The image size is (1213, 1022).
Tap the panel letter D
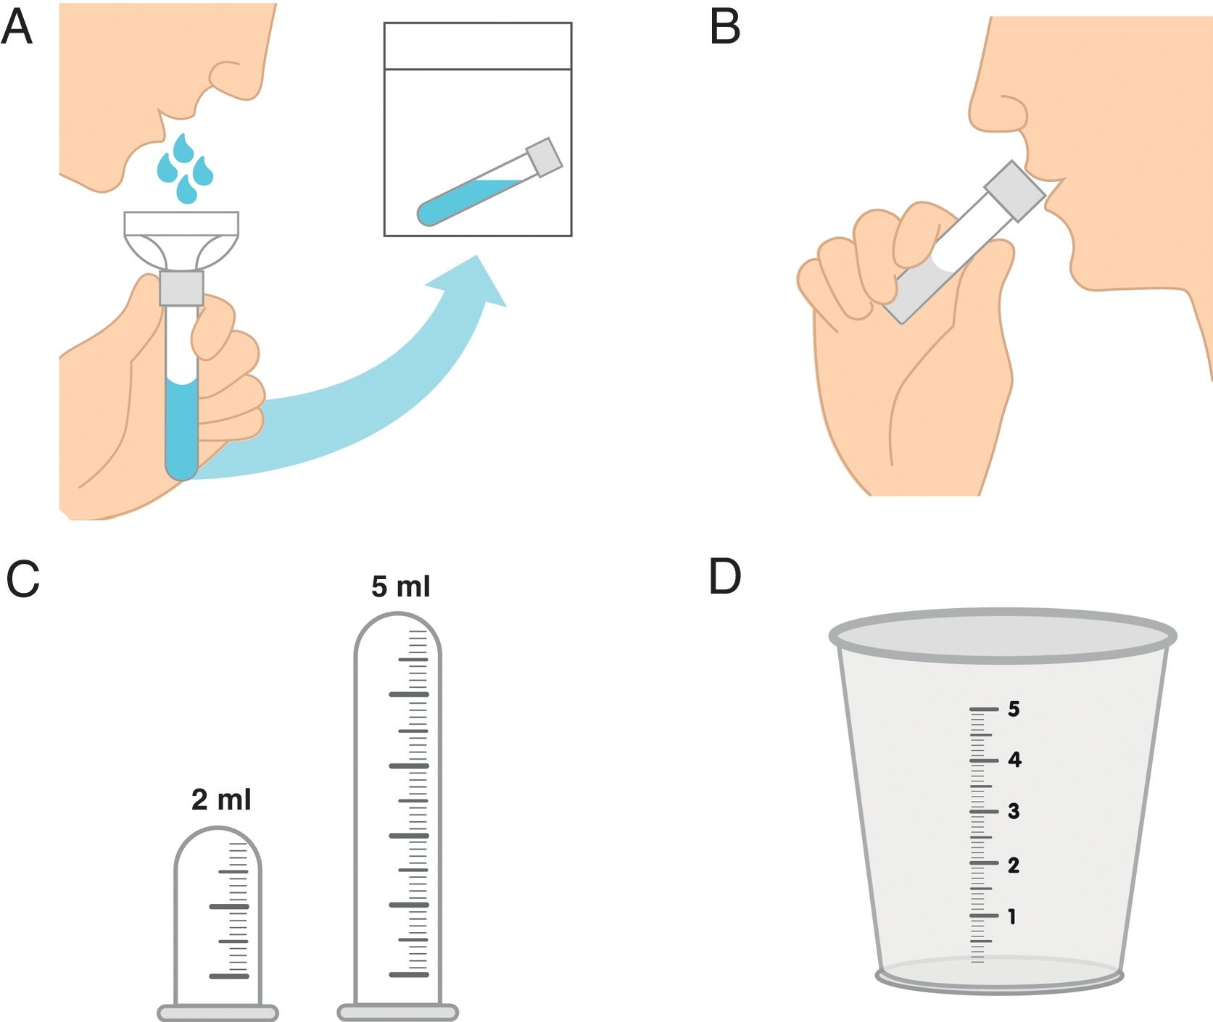(725, 577)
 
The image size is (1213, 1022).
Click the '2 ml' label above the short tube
(221, 799)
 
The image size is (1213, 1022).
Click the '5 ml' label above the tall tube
(400, 586)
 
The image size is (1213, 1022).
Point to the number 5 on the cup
(1014, 709)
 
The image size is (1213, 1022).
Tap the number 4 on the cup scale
(1014, 760)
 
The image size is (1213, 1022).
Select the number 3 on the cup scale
(1014, 811)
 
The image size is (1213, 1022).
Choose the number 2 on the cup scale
(1014, 865)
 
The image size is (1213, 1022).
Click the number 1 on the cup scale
(1012, 917)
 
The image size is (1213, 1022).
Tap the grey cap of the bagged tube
(544, 157)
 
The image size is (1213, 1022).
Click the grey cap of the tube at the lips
(1014, 191)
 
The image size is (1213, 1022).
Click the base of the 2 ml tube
(218, 1013)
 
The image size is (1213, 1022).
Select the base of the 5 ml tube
(398, 1012)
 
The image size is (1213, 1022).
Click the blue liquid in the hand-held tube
(181, 428)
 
